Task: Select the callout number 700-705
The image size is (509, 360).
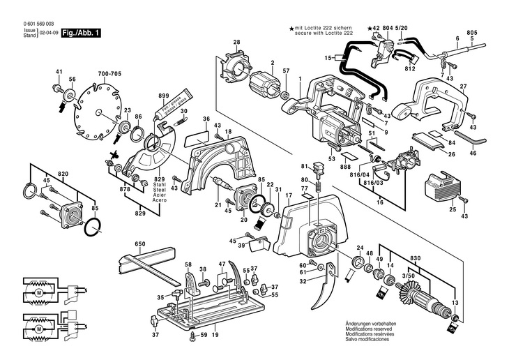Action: [109, 73]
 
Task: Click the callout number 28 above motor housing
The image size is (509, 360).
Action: [236, 43]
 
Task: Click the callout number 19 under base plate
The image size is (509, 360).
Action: [215, 336]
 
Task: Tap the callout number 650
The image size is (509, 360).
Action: [140, 245]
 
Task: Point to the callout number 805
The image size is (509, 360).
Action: [472, 33]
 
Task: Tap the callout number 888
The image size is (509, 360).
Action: [345, 167]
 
